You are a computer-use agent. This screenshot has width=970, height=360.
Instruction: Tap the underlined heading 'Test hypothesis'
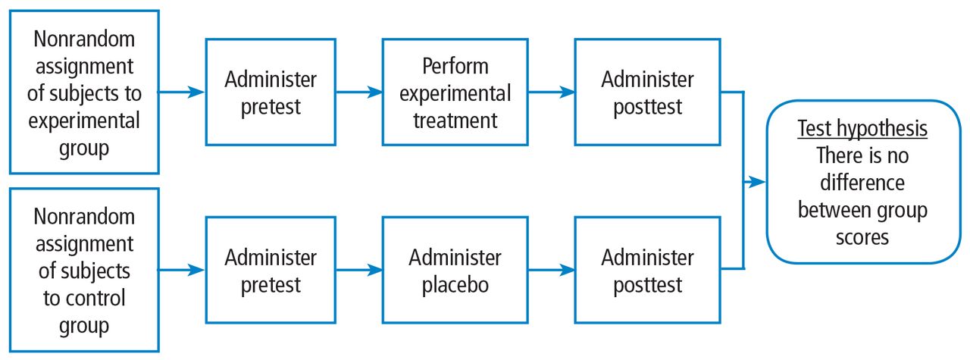point(862,129)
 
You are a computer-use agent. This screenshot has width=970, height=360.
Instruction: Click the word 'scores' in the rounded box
point(862,237)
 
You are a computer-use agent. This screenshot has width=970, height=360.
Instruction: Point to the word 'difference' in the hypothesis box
point(862,183)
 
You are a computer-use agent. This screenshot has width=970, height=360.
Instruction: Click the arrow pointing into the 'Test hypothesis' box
point(754,182)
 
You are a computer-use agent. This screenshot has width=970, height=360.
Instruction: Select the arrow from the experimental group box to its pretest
point(180,92)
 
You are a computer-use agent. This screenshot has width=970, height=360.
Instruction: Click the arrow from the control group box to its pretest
point(180,270)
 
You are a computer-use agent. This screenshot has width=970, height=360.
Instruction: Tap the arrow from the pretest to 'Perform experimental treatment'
point(359,92)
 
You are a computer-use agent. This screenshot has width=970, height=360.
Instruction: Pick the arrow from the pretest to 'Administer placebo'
point(359,270)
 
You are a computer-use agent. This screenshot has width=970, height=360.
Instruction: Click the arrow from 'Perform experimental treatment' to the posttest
point(551,92)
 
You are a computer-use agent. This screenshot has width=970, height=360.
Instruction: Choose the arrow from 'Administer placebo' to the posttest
point(551,270)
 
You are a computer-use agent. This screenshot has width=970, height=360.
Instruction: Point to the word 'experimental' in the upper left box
point(84,121)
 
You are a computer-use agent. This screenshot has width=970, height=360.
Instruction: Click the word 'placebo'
point(455,286)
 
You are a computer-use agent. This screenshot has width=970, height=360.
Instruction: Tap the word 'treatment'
point(455,121)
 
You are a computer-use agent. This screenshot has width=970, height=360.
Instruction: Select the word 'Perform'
point(455,66)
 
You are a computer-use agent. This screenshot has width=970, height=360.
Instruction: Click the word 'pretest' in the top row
point(271,107)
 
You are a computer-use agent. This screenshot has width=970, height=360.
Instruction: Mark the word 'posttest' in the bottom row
point(648,286)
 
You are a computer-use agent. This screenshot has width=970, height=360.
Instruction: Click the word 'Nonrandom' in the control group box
point(84,216)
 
